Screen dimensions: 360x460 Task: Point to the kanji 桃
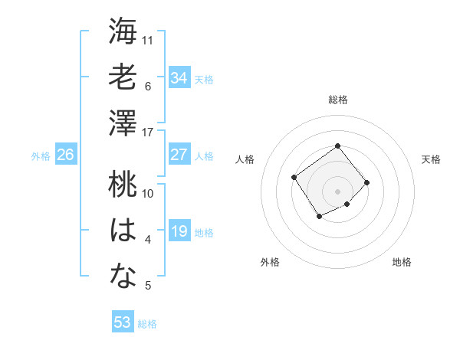point(123,185)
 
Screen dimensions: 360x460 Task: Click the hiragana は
point(123,231)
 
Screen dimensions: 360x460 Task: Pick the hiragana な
point(123,277)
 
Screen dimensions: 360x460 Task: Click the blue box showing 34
point(179,77)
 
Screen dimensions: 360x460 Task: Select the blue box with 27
point(179,155)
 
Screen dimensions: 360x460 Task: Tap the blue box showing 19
point(179,231)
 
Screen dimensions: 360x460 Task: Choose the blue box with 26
point(65,155)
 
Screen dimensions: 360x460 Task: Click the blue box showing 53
point(122,322)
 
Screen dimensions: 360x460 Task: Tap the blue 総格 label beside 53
point(147,324)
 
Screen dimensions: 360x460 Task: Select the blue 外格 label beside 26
point(41,156)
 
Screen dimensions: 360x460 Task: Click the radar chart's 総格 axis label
point(337,100)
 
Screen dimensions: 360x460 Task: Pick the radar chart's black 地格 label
point(402,263)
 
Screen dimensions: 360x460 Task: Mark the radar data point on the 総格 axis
point(337,146)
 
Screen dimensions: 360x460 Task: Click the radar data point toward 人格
point(294,177)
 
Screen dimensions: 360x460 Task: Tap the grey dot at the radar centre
point(337,191)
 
